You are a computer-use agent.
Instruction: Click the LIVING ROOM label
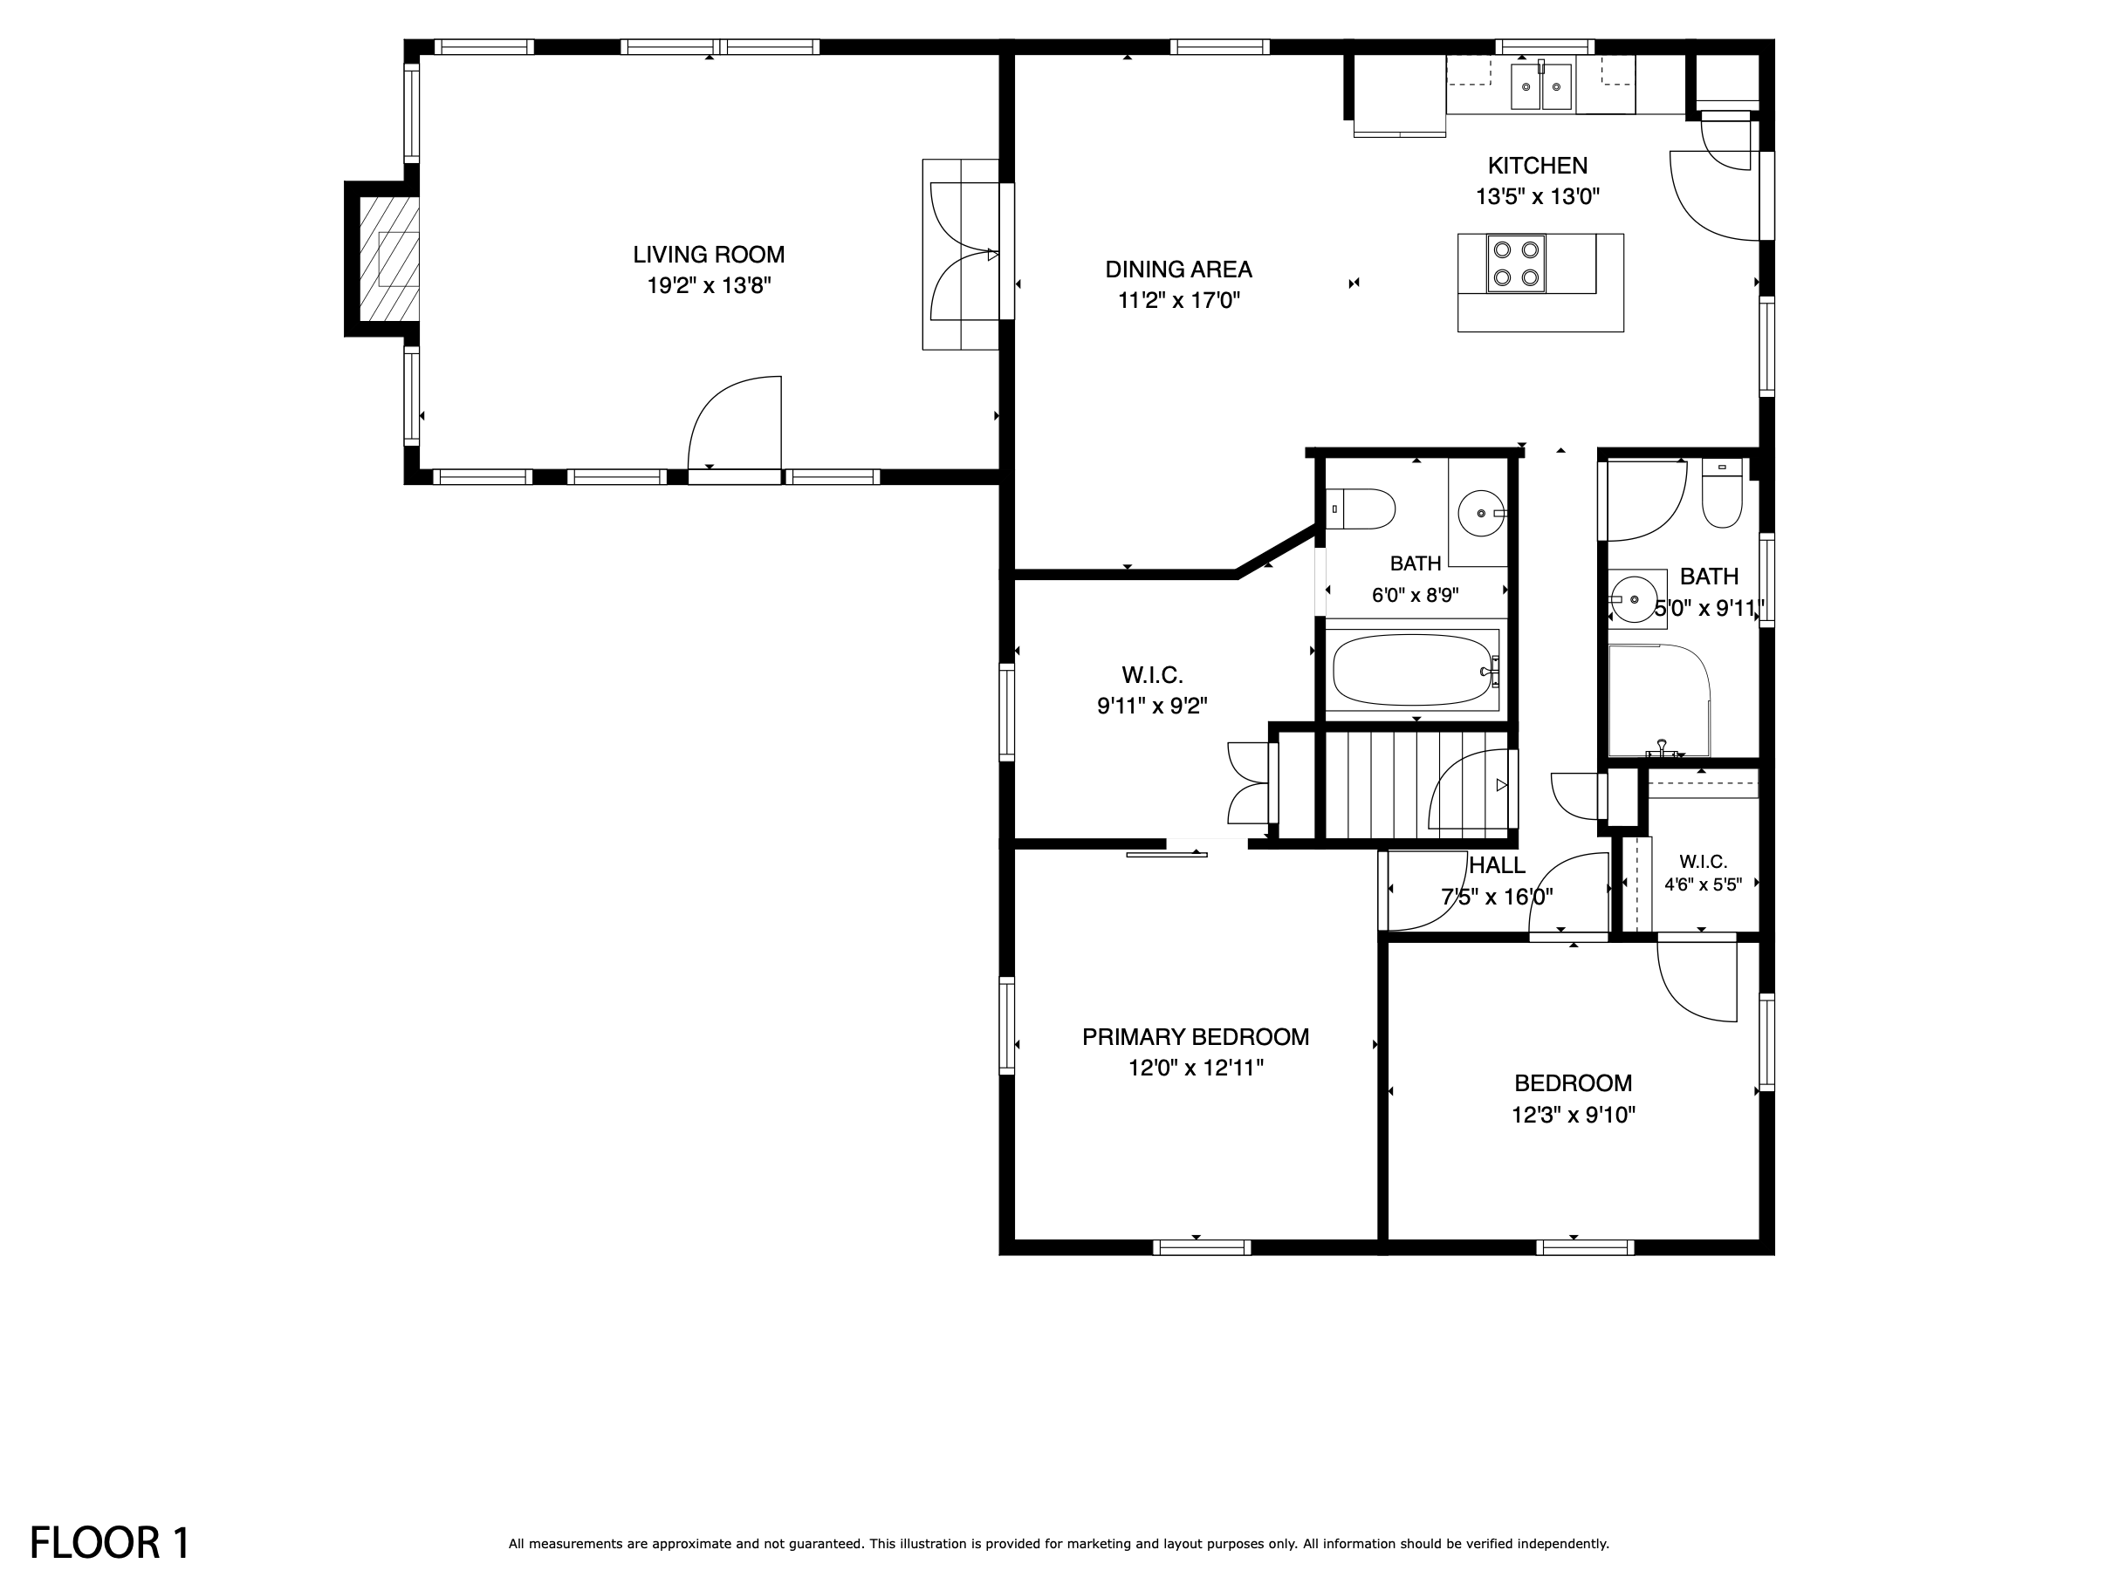pyautogui.click(x=709, y=255)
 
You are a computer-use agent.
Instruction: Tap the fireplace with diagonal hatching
pyautogui.click(x=389, y=258)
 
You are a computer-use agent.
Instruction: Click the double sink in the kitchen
pyautogui.click(x=1541, y=86)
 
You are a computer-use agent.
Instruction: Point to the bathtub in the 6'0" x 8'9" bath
pyautogui.click(x=1415, y=672)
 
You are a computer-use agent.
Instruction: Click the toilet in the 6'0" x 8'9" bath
pyautogui.click(x=1361, y=509)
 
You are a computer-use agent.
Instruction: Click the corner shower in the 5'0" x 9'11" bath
pyautogui.click(x=1659, y=701)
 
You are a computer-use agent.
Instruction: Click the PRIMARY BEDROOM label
pyautogui.click(x=1196, y=1037)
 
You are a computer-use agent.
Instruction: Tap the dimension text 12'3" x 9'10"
pyautogui.click(x=1573, y=1115)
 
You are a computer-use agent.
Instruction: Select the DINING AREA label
pyautogui.click(x=1178, y=270)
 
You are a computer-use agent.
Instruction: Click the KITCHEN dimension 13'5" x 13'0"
pyautogui.click(x=1538, y=197)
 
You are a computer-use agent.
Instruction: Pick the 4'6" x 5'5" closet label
pyautogui.click(x=1703, y=885)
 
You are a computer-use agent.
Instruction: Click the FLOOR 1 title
pyautogui.click(x=110, y=1543)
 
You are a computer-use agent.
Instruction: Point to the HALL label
pyautogui.click(x=1498, y=866)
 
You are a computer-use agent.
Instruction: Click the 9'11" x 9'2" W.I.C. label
pyautogui.click(x=1151, y=707)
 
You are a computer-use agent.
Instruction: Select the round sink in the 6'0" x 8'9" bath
pyautogui.click(x=1482, y=513)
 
